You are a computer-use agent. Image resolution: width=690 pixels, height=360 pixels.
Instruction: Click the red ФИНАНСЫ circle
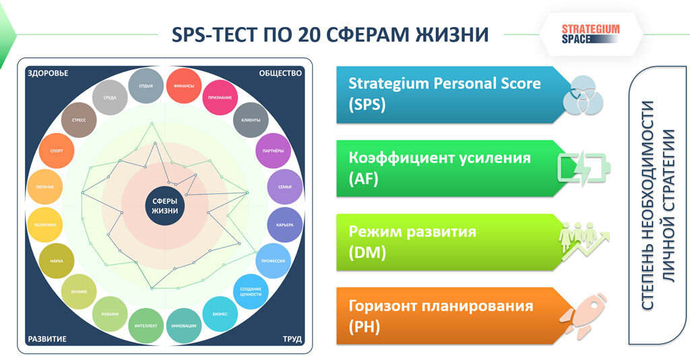coord(184,86)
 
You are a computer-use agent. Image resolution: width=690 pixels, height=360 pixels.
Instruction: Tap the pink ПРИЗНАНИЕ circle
coord(220,97)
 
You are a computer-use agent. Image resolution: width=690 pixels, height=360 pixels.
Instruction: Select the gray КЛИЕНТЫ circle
coord(251,120)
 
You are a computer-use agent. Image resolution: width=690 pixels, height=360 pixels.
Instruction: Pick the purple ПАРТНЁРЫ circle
coord(274,150)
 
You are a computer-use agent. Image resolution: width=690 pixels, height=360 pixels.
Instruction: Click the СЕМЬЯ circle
coord(285,187)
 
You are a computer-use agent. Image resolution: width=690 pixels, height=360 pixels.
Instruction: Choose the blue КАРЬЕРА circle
coord(285,225)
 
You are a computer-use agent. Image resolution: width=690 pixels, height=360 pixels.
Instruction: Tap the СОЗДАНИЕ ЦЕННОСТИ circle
coord(251,291)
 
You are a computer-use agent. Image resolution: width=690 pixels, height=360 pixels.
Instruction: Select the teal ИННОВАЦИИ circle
coord(184,326)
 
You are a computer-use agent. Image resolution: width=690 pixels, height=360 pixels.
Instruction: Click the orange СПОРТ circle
coord(57,150)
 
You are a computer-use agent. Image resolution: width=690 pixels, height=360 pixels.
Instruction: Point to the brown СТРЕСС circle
coord(79,120)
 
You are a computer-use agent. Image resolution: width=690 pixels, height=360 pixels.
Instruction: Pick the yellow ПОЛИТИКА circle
coord(45,225)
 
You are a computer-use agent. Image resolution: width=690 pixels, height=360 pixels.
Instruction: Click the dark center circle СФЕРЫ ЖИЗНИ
coord(165,206)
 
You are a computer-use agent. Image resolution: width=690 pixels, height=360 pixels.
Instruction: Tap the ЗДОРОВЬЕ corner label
coord(48,73)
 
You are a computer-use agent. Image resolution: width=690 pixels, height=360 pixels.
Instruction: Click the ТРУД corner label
coord(292,339)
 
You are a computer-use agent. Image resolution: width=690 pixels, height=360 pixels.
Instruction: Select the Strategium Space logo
coord(590,34)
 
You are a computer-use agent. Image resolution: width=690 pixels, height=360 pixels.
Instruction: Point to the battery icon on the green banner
coord(584,168)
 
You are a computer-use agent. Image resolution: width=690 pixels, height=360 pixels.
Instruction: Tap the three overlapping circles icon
coord(583,95)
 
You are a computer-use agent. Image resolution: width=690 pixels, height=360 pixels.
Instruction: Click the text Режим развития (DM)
coord(412,241)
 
